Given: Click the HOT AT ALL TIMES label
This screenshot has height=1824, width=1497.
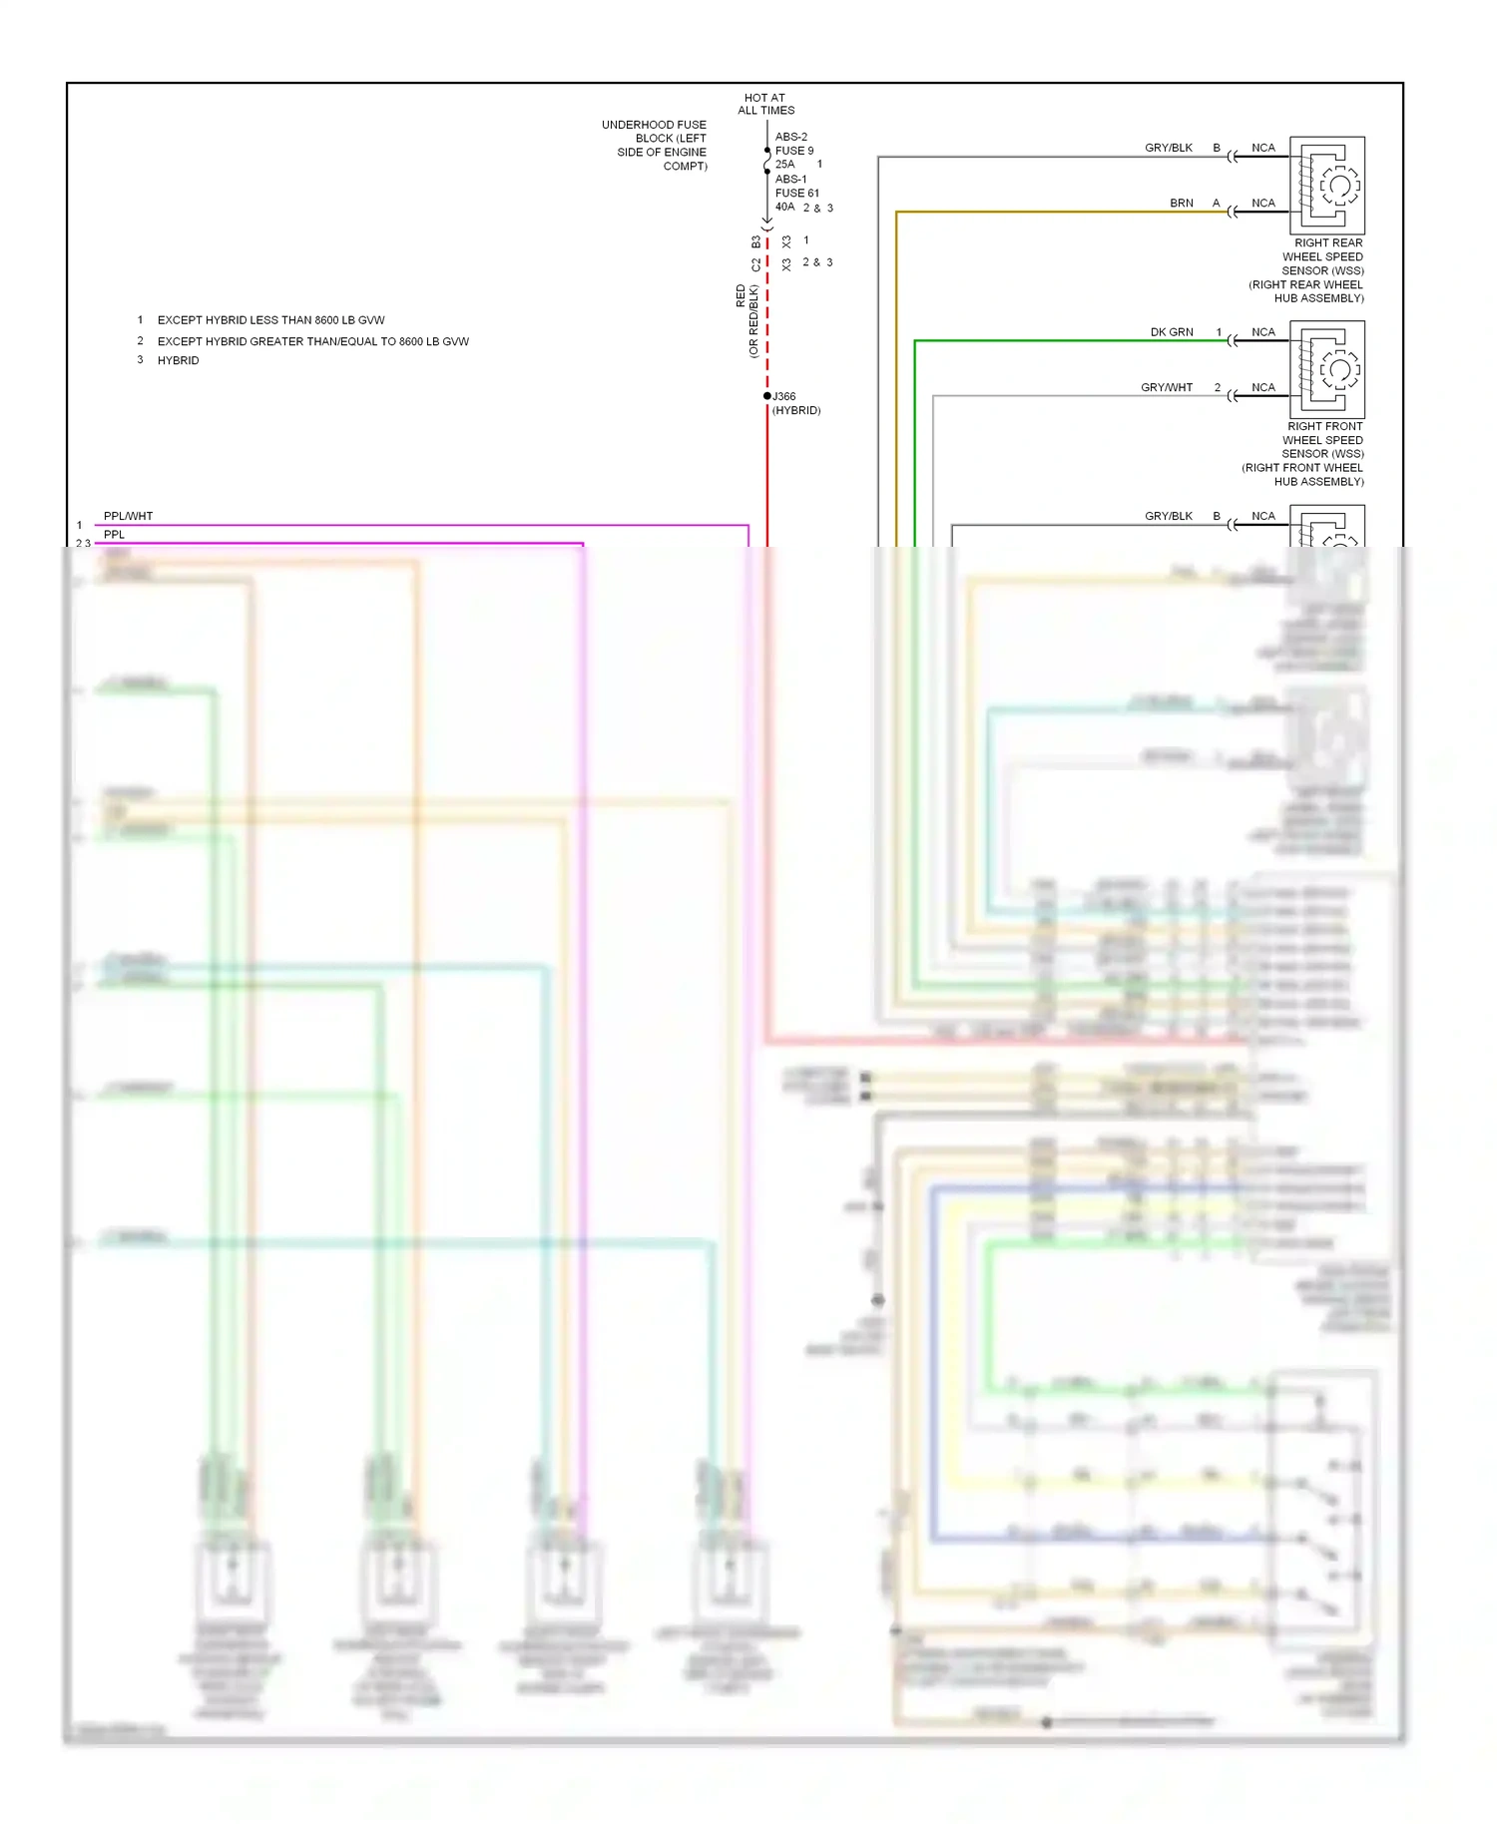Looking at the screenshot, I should click(x=765, y=105).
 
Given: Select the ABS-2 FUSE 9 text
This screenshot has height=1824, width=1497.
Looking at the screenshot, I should click(x=793, y=144).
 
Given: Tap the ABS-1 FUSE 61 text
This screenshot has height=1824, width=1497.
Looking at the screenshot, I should click(x=796, y=187).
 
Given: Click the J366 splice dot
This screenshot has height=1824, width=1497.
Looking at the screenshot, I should click(x=767, y=396).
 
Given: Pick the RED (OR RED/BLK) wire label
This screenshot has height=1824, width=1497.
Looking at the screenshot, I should click(x=747, y=320).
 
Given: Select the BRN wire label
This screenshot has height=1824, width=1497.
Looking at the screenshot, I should click(x=1182, y=204).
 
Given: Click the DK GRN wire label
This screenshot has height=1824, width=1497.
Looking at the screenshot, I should click(x=1172, y=332).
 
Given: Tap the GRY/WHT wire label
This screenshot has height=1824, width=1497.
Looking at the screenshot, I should click(x=1167, y=388).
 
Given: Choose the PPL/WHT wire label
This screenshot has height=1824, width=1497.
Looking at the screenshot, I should click(x=129, y=517).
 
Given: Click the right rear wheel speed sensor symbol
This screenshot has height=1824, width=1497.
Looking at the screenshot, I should click(x=1327, y=186).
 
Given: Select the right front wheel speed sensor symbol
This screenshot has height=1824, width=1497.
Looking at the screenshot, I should click(x=1327, y=369).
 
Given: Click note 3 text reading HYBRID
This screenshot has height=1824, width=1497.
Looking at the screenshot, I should click(x=179, y=361).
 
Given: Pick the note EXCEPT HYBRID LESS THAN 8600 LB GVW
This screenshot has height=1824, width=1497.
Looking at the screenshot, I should click(x=270, y=320).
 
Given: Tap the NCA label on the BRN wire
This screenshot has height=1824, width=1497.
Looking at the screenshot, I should click(x=1263, y=204).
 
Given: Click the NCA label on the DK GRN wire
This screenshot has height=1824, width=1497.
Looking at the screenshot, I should click(x=1263, y=332).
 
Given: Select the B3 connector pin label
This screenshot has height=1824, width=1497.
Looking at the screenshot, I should click(x=755, y=241).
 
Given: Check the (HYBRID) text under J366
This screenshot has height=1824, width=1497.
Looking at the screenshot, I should click(x=796, y=411).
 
